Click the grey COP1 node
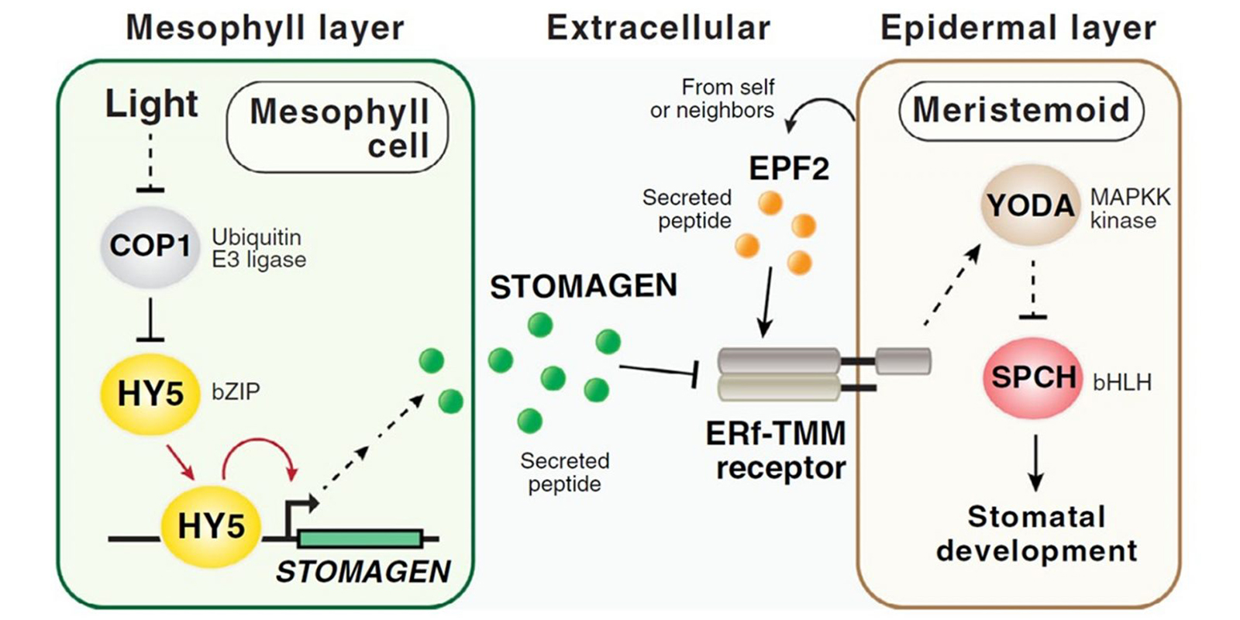pyautogui.click(x=150, y=246)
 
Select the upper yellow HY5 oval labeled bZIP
pyautogui.click(x=150, y=394)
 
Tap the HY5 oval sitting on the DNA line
pyautogui.click(x=211, y=526)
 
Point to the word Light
pyautogui.click(x=151, y=104)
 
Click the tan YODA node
pyautogui.click(x=1030, y=206)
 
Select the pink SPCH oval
pyautogui.click(x=1033, y=378)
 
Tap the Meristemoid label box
pyautogui.click(x=1021, y=110)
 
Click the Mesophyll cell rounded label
pyautogui.click(x=339, y=128)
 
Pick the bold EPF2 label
pyautogui.click(x=788, y=168)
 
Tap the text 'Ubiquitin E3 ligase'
pyautogui.click(x=258, y=248)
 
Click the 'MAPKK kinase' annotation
pyautogui.click(x=1129, y=208)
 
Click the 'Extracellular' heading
pyautogui.click(x=658, y=28)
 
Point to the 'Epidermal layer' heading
pyautogui.click(x=1018, y=28)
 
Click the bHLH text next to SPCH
pyautogui.click(x=1121, y=382)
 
